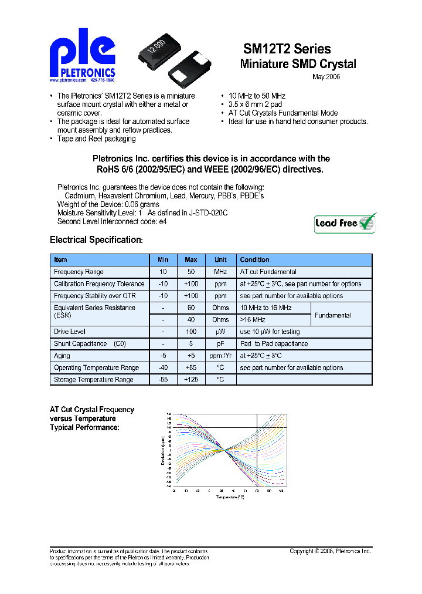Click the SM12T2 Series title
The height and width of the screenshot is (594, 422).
coord(287,49)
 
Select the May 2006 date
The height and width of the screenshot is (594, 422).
coord(326,77)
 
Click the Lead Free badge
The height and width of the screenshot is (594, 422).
coord(345,224)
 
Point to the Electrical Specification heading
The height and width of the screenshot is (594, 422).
coord(96,240)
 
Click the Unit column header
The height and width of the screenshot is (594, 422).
coord(220,259)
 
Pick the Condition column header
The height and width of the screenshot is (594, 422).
coord(255,259)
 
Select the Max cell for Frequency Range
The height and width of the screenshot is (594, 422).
coord(191,272)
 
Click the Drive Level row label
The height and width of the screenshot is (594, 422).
coord(70,332)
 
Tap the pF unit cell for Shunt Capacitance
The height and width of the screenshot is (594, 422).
coord(220,344)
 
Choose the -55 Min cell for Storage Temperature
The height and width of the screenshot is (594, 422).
coord(163,380)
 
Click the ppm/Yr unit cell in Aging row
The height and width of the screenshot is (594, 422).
coord(220,356)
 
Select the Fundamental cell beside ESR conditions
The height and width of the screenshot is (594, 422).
coord(333,315)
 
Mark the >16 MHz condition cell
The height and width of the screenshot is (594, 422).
coord(253,320)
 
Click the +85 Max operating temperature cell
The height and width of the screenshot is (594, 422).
coord(191,368)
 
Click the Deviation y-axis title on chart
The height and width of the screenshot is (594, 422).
coord(163,451)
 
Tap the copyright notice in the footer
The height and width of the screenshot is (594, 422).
coord(331,551)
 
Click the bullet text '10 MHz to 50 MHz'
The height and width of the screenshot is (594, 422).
coord(257,96)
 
